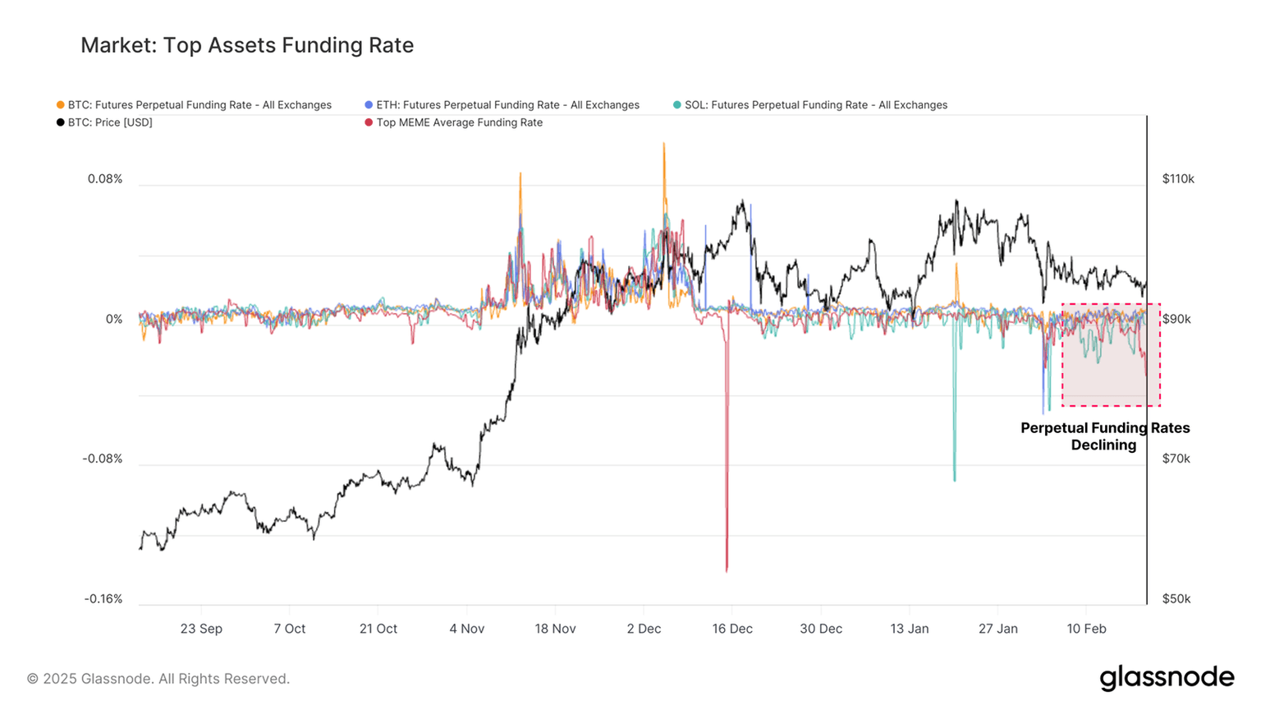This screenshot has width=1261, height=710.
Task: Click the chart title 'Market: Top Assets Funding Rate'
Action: (246, 45)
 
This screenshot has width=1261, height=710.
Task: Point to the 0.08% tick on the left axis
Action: (105, 179)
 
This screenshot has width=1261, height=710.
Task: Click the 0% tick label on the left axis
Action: (113, 319)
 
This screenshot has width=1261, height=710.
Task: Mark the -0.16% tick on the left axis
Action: (103, 599)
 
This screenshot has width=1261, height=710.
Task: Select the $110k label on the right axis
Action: (1178, 179)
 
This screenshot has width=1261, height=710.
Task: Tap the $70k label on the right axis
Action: (1176, 459)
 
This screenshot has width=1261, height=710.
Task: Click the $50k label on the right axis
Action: (1176, 599)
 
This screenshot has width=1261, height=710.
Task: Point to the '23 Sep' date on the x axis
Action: (201, 629)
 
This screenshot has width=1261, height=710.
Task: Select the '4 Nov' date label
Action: (466, 629)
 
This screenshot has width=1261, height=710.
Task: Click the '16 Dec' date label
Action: (732, 629)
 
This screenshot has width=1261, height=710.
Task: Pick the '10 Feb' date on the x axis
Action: (1086, 629)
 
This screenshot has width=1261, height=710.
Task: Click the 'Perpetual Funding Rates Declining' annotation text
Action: (1104, 436)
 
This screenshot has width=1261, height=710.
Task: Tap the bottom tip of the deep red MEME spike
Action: (727, 570)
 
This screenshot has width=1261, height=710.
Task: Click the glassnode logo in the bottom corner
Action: (1167, 678)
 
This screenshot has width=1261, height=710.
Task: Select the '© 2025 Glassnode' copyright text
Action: (158, 679)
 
